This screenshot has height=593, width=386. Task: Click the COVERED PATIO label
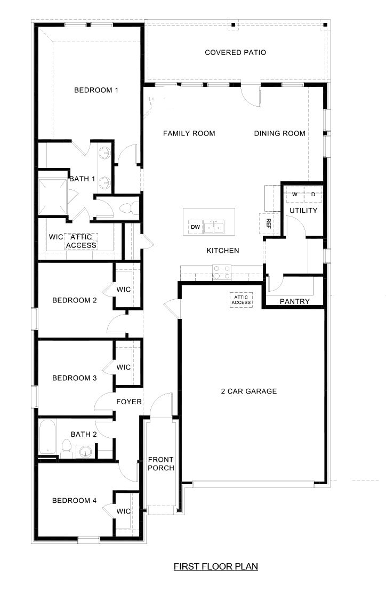(x=235, y=52)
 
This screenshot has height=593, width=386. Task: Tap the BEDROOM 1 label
(x=96, y=90)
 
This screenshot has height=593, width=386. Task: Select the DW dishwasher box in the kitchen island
(x=195, y=228)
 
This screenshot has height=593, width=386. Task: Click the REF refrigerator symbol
(x=268, y=222)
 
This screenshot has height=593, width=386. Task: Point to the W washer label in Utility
(x=294, y=195)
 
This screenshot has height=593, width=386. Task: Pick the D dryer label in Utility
(x=313, y=195)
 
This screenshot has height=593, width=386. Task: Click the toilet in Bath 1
(x=127, y=209)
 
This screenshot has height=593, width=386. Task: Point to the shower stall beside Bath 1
(x=52, y=193)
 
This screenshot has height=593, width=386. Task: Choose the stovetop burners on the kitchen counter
(x=221, y=273)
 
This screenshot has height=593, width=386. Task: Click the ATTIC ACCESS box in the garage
(x=241, y=299)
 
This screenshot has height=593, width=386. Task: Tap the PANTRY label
(x=295, y=301)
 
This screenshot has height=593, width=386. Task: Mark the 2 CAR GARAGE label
(x=249, y=391)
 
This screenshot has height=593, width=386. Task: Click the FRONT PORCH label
(x=161, y=464)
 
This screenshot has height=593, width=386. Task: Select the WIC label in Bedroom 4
(x=124, y=511)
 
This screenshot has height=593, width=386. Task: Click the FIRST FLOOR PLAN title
(x=216, y=566)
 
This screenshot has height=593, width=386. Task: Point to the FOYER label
(x=129, y=402)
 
